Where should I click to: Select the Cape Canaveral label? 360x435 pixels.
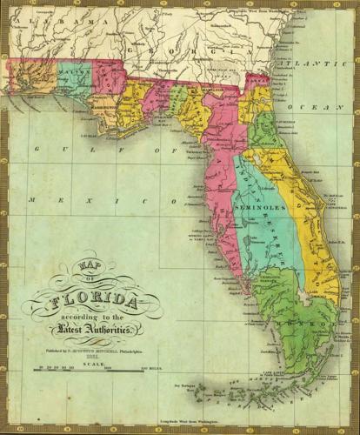click(327, 197)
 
